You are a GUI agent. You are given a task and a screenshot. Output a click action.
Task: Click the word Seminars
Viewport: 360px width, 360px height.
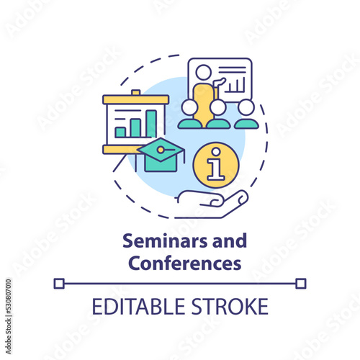pyautogui.click(x=165, y=240)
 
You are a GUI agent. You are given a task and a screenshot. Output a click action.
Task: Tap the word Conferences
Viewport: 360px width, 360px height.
pyautogui.click(x=185, y=263)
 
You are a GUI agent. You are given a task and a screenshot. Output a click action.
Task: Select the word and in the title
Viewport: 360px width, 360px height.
pyautogui.click(x=229, y=240)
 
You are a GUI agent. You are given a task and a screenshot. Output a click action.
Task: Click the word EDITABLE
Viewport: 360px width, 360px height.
pyautogui.click(x=138, y=306)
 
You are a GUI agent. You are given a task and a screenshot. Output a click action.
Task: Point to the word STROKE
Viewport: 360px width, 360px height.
pyautogui.click(x=230, y=306)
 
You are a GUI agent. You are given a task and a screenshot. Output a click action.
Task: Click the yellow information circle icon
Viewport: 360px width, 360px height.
pyautogui.click(x=216, y=165)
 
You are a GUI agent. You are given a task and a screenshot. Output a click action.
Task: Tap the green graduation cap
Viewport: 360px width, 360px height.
pyautogui.click(x=161, y=155)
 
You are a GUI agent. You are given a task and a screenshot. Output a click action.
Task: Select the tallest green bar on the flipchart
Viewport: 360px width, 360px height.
pyautogui.click(x=151, y=124)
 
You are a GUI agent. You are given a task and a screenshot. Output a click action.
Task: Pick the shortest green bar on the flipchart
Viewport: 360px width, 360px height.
pyautogui.click(x=120, y=132)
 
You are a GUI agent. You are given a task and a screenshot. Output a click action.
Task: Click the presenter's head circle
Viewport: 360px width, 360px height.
pyautogui.click(x=203, y=72)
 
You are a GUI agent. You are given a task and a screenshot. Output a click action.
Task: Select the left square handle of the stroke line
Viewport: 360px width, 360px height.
pyautogui.click(x=59, y=284)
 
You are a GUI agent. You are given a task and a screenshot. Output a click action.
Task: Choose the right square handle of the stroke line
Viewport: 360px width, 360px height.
pyautogui.click(x=301, y=284)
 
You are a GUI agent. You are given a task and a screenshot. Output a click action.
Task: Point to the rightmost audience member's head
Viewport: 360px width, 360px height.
pyautogui.click(x=246, y=107)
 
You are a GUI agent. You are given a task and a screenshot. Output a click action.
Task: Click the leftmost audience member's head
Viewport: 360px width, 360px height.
pyautogui.click(x=189, y=107)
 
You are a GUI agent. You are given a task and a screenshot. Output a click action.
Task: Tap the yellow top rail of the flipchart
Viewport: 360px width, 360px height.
pyautogui.click(x=136, y=99)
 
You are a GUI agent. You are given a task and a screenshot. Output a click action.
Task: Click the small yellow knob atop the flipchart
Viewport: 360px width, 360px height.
pyautogui.click(x=136, y=92)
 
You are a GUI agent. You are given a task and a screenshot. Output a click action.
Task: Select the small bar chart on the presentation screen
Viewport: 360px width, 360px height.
pyautogui.click(x=235, y=85)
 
